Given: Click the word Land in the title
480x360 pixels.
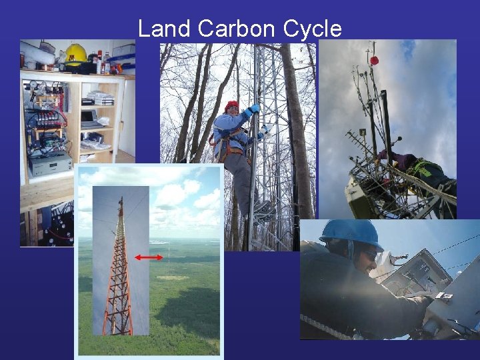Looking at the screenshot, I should (x=165, y=29).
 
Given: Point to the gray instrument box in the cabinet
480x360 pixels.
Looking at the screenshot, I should (x=50, y=164).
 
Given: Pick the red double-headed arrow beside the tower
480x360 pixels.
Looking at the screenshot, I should (x=148, y=257).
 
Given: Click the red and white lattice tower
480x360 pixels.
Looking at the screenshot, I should (x=118, y=273).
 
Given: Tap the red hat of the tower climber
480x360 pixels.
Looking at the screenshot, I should (x=231, y=105).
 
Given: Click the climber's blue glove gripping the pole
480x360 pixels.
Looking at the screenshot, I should (x=253, y=110).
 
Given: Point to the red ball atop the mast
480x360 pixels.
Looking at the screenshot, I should (x=375, y=60).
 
